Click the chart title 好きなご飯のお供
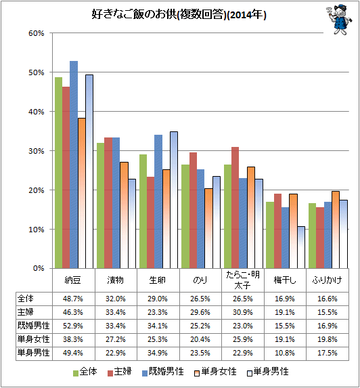click(x=134, y=15)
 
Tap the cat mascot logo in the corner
click(x=338, y=20)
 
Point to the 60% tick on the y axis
click(x=37, y=33)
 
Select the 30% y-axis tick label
click(x=37, y=151)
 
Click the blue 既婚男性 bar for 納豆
click(x=74, y=165)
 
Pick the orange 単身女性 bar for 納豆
click(x=82, y=193)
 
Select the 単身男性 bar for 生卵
click(x=174, y=200)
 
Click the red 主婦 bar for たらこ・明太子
click(x=235, y=208)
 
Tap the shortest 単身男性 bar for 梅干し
click(x=301, y=247)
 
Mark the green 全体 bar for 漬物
click(x=100, y=205)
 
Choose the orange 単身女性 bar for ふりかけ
click(x=336, y=230)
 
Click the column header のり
click(x=200, y=280)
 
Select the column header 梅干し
click(x=285, y=280)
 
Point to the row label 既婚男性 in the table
click(x=33, y=326)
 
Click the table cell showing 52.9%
click(x=72, y=326)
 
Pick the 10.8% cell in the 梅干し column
click(x=285, y=353)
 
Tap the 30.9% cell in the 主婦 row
click(x=243, y=312)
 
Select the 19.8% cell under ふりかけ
click(x=328, y=339)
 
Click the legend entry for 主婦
click(x=120, y=372)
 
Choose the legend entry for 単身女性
click(x=215, y=372)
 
